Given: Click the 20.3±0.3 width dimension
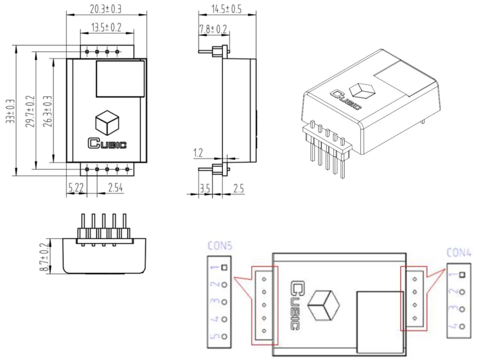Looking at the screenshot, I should click(106, 9).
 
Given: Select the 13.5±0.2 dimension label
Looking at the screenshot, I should click(106, 27).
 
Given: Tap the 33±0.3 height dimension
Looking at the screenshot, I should click(10, 111).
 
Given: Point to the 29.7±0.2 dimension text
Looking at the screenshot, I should click(29, 111).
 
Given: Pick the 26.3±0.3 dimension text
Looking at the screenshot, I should click(47, 111).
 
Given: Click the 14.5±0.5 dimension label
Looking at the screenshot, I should click(226, 9).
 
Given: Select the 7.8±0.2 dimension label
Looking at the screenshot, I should click(213, 29).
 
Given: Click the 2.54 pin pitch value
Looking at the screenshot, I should click(116, 188).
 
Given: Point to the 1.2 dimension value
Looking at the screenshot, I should click(198, 153).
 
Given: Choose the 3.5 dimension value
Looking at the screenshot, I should click(205, 189).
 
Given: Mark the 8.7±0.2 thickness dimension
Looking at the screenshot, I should click(45, 257).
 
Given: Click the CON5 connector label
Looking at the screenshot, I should click(220, 246).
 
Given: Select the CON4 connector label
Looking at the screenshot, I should click(459, 253).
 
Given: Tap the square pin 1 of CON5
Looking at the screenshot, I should click(225, 267).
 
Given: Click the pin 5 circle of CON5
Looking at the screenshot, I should click(225, 337).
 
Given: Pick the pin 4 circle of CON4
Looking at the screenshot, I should click(462, 326).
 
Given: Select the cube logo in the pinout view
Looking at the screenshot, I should click(324, 305).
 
